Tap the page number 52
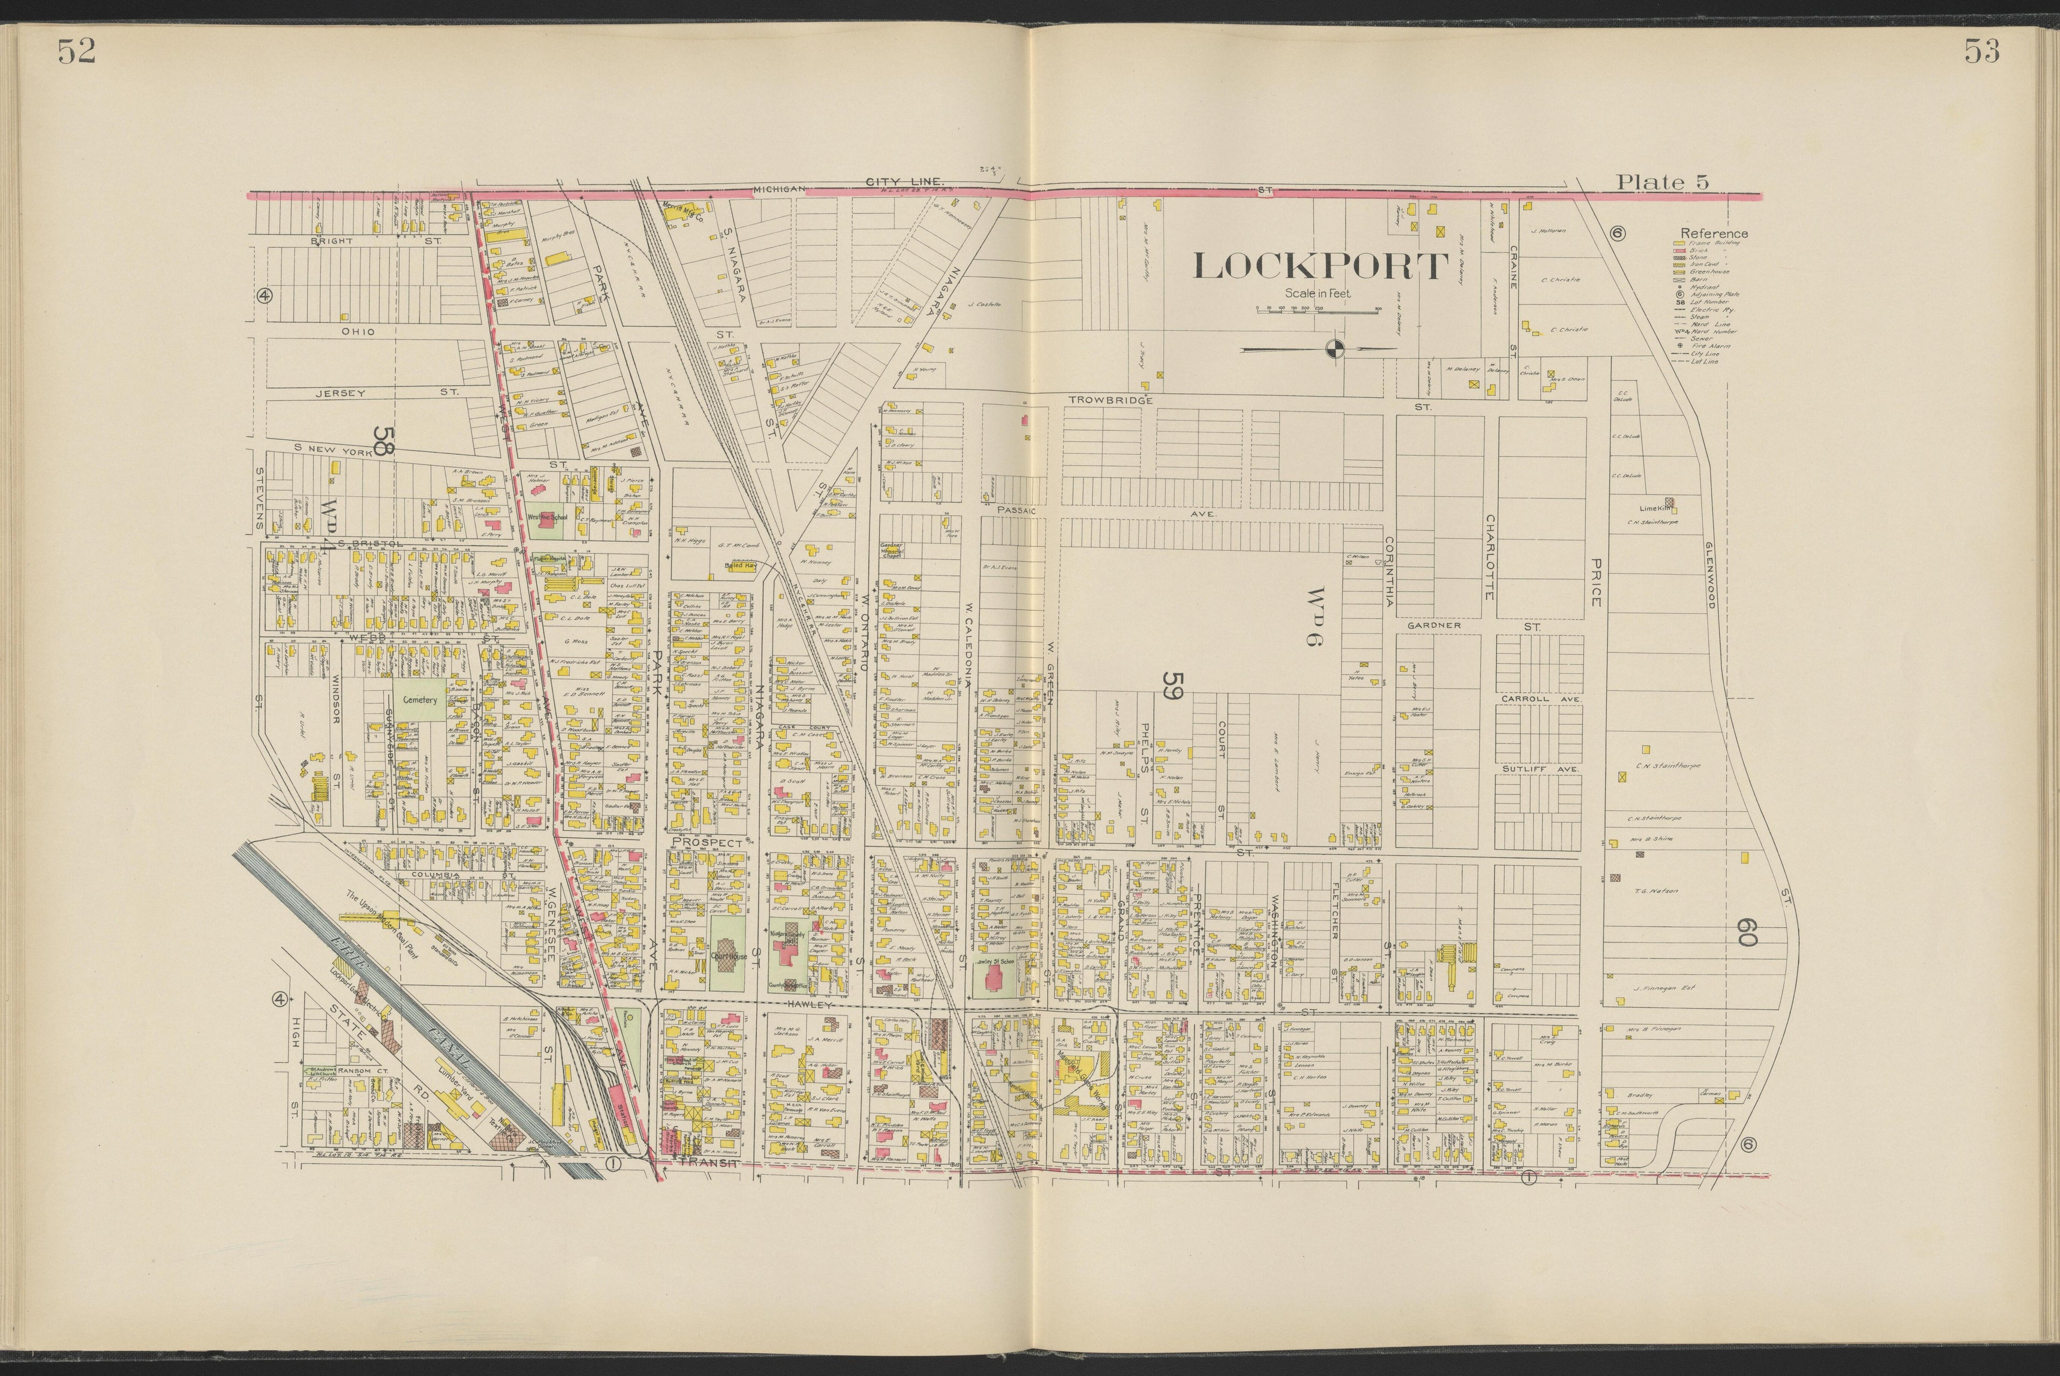click(76, 53)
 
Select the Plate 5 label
click(1662, 182)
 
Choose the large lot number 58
click(381, 442)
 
